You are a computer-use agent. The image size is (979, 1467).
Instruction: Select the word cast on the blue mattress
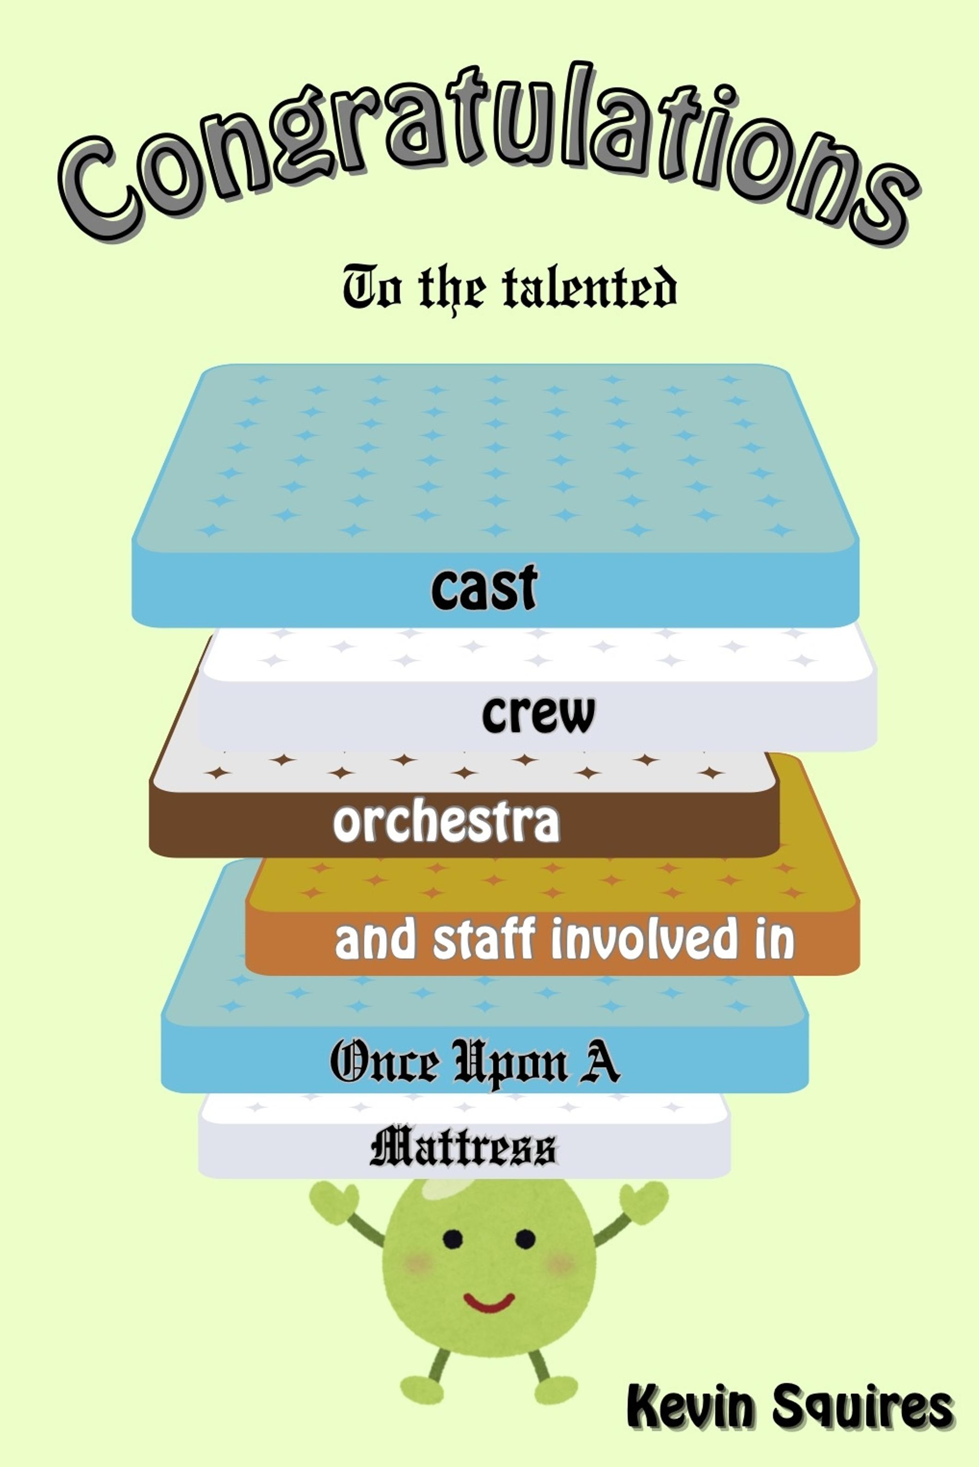(484, 587)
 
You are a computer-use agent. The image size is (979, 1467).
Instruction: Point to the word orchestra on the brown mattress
(447, 823)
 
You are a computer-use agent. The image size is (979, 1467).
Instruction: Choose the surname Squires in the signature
(862, 1407)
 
